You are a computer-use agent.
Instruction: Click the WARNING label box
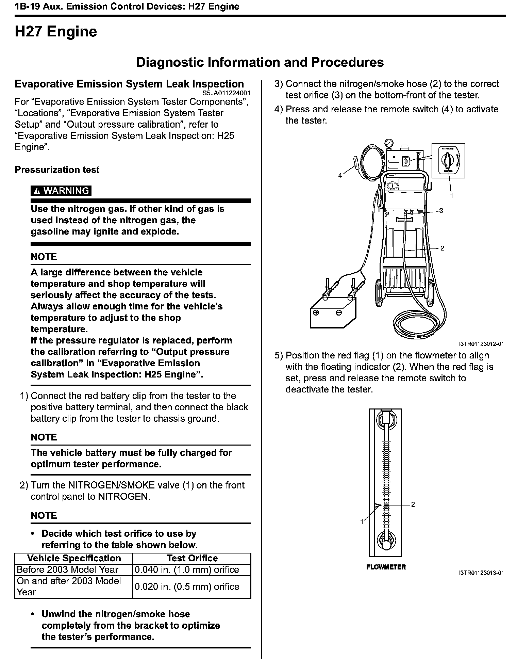61,191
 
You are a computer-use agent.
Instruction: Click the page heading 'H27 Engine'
56,32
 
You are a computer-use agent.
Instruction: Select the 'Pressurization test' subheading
57,170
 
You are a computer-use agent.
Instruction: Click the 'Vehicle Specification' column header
74,558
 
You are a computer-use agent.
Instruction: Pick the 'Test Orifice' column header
192,558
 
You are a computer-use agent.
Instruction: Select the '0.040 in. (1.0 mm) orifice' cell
187,569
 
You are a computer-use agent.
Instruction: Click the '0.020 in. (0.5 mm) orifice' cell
187,586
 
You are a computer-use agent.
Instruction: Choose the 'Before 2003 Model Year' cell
67,569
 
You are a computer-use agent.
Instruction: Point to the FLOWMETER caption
386,567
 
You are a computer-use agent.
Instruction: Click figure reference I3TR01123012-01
481,344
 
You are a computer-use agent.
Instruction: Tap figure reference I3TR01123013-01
481,573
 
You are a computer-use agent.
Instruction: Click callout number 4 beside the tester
340,176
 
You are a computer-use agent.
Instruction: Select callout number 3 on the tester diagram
441,211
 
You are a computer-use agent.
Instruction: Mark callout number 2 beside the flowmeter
413,504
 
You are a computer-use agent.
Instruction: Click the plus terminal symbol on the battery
316,313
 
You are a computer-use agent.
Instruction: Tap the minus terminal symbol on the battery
339,313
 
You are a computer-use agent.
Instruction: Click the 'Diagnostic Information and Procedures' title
260,62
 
